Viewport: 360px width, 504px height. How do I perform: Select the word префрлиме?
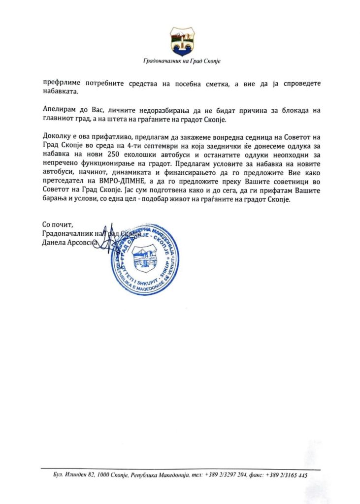click(x=62, y=83)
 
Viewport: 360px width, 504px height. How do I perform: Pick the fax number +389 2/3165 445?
click(x=286, y=476)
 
